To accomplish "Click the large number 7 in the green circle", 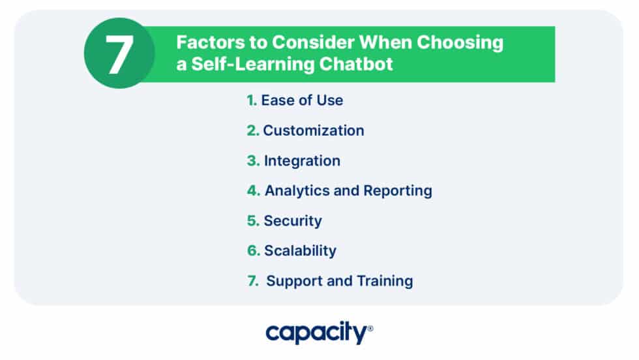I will (119, 54).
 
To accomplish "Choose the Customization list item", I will (313, 130).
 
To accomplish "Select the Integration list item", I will (302, 160).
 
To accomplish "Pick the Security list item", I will (293, 221).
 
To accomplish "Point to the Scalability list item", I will (300, 251).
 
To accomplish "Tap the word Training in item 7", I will (384, 281).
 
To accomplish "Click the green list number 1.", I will (251, 100).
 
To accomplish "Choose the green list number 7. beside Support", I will (253, 281).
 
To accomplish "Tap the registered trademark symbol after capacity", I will (370, 329).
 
